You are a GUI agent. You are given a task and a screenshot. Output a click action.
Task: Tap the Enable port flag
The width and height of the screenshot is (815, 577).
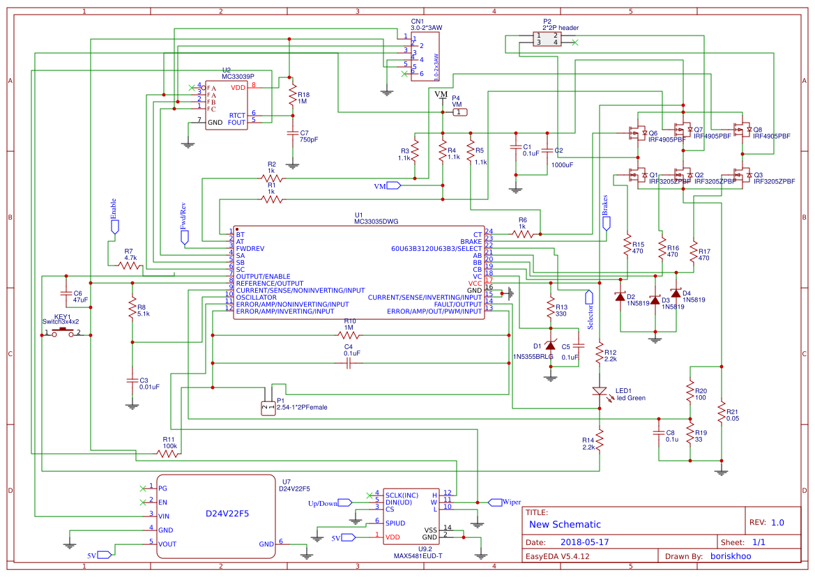point(114,226)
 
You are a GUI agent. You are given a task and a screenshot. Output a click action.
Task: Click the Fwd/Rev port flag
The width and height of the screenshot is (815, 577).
point(185,238)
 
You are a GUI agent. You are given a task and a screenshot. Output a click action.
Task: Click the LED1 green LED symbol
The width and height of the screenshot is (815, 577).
point(600,392)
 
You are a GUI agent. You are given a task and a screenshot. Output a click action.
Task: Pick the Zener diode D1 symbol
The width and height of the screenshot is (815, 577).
point(550,346)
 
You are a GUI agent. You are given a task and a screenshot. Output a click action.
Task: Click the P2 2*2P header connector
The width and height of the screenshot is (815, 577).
point(547,39)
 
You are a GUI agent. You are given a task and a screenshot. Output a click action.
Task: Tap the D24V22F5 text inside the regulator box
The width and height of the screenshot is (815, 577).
point(227,514)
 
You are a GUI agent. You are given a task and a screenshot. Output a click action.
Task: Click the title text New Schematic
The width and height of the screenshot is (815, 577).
point(565,524)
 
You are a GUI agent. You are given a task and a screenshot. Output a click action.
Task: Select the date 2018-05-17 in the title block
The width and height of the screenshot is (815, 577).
point(584,541)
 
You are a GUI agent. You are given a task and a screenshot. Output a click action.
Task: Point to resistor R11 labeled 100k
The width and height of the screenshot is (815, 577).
point(169,453)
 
